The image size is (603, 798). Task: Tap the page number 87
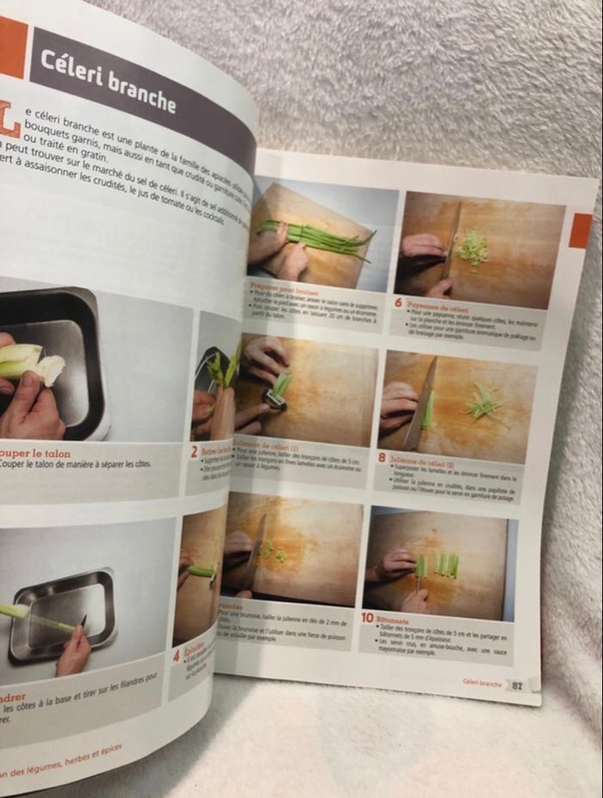coord(516,686)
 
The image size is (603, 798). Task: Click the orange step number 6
coord(399,303)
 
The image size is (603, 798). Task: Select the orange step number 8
coord(382,457)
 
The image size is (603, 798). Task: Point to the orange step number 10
coord(367,617)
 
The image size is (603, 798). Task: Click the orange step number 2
coord(194,450)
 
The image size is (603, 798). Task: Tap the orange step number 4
coord(176,655)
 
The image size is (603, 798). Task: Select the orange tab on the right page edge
coord(580,230)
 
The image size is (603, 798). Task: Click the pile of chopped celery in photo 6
coord(471,248)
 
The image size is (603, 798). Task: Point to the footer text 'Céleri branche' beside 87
coord(482,683)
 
